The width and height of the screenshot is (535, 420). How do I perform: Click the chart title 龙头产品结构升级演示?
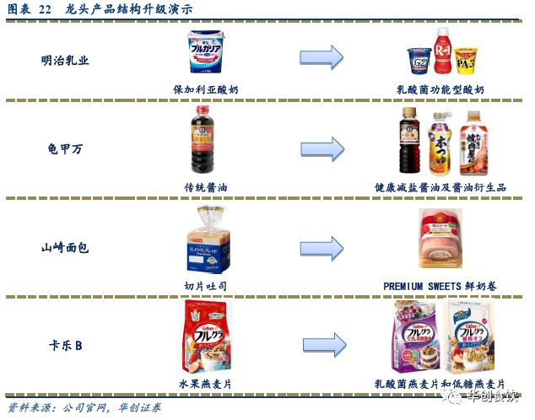127,8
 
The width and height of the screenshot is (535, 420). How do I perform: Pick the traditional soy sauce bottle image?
200,143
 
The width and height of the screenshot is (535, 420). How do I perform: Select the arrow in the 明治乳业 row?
322,57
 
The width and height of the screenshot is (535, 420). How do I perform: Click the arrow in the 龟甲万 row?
322,148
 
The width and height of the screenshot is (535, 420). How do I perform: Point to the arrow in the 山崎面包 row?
322,247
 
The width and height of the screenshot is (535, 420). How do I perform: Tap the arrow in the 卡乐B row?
322,344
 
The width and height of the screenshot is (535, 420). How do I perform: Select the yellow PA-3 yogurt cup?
465,61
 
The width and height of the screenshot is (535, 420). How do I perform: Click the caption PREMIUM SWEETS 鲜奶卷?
440,286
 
